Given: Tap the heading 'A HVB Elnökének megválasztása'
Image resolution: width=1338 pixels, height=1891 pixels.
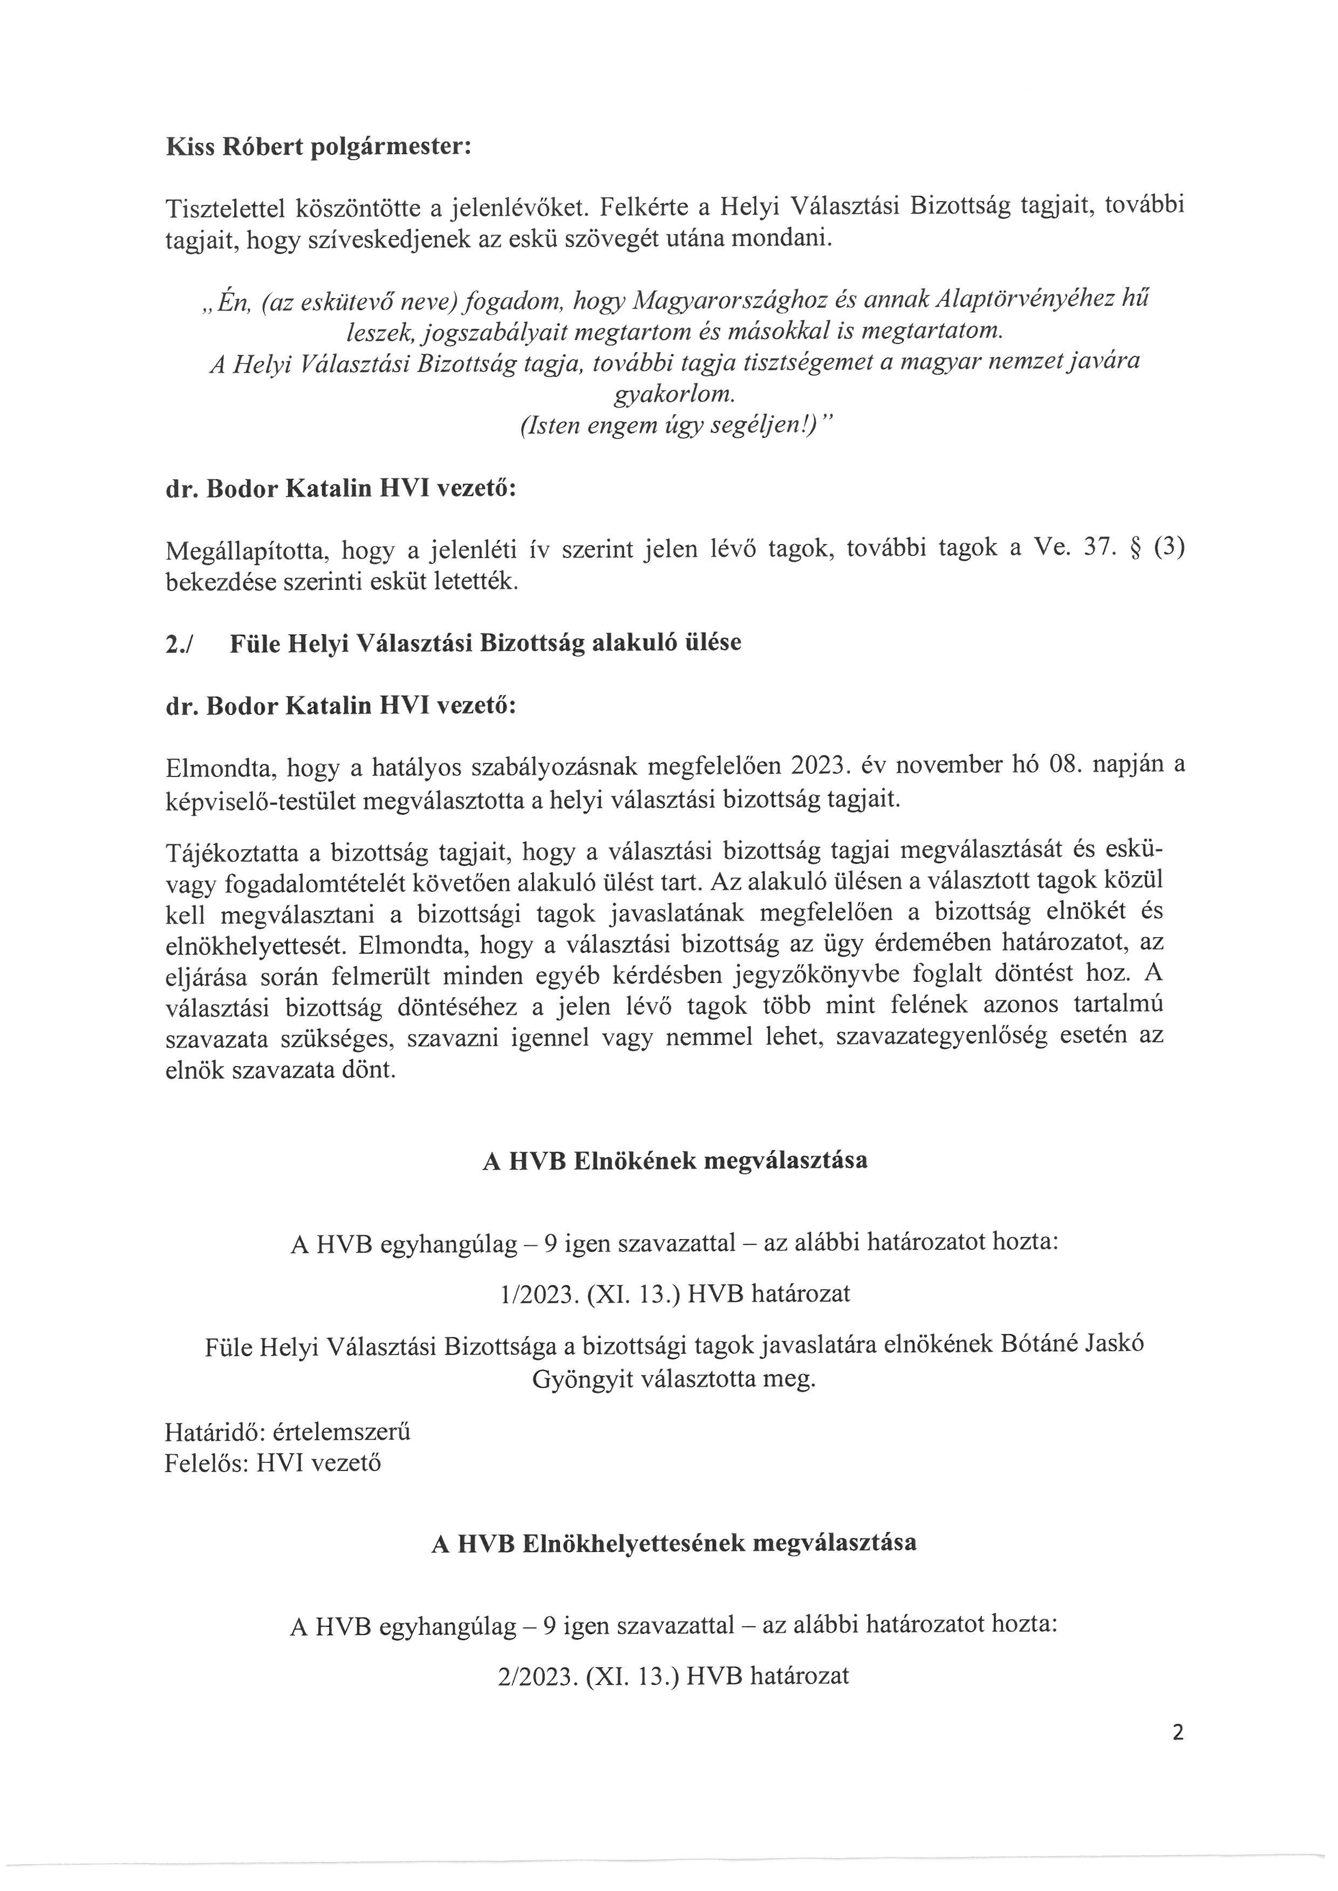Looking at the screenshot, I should [674, 1160].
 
